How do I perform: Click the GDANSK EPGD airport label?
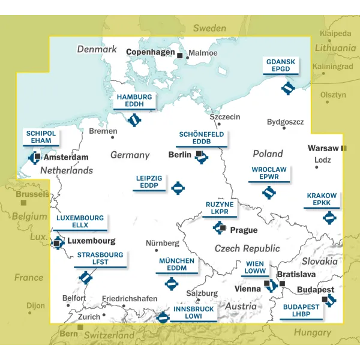click(281, 65)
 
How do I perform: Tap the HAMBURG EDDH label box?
click(134, 100)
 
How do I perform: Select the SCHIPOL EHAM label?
click(40, 137)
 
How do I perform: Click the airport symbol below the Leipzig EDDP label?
click(178, 188)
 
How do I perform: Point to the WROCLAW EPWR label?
click(269, 173)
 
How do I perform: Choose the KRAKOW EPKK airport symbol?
click(329, 217)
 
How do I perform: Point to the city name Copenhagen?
click(149, 53)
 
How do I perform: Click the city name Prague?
click(244, 230)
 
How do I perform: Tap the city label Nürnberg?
click(163, 243)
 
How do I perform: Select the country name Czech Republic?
click(247, 248)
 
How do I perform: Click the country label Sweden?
click(209, 28)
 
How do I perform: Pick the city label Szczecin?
click(225, 117)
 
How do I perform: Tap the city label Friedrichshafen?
click(130, 299)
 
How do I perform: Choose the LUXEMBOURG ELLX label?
click(80, 221)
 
